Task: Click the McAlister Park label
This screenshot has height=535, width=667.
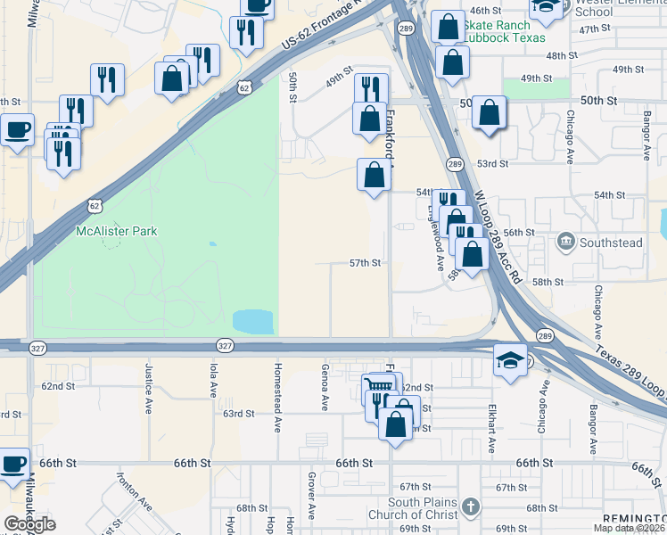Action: point(117,231)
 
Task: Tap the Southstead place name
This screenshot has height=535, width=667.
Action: point(611,242)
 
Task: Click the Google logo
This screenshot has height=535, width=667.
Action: point(29,524)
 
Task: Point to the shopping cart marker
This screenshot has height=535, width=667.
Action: point(379,387)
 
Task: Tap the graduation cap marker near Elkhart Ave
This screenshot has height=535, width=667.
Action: point(509,360)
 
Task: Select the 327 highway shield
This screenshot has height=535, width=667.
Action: point(226,345)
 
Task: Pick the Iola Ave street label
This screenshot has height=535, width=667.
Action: point(214,379)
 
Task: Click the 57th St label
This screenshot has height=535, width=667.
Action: point(365,263)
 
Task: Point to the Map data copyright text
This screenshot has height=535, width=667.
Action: point(629,528)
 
